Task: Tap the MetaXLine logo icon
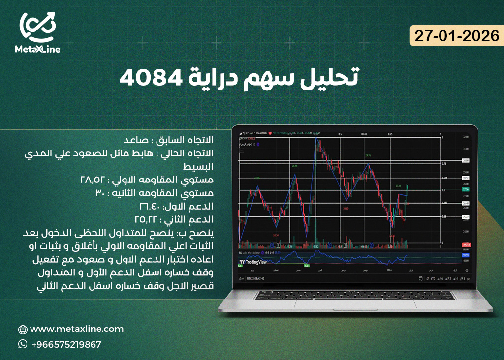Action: tap(38, 28)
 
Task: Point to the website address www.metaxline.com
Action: tap(77, 329)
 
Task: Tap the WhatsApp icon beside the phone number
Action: tap(22, 344)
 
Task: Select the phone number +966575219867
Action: tap(66, 345)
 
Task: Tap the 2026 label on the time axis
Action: tap(389, 270)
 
